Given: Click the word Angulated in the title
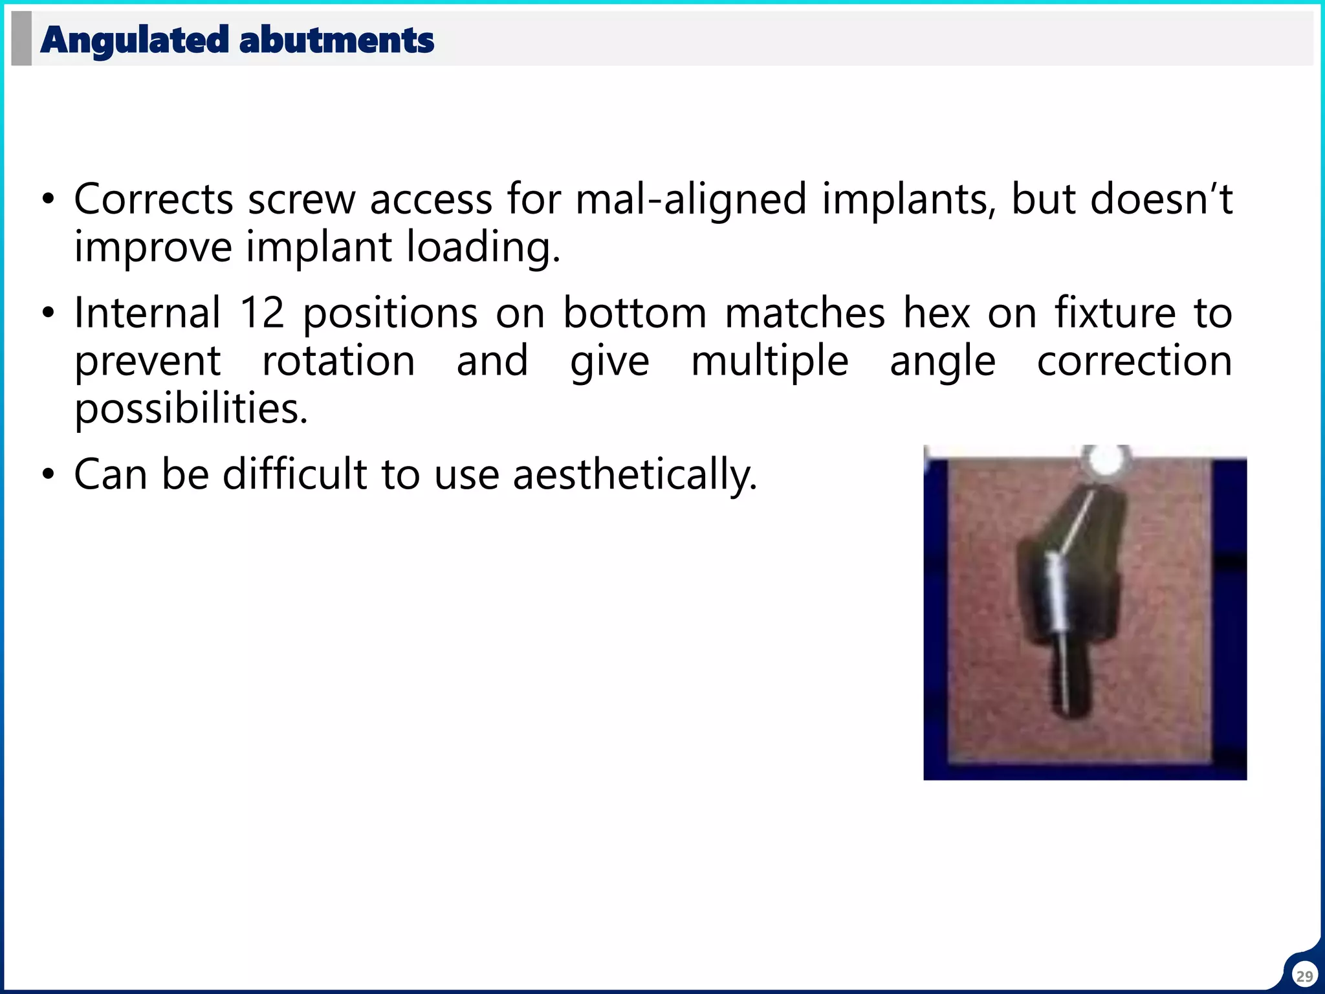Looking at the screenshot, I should (134, 40).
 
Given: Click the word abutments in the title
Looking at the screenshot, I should (336, 40).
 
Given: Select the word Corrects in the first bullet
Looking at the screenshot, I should (153, 199).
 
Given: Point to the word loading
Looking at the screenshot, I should (483, 247).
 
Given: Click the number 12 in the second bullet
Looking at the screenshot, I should (262, 313).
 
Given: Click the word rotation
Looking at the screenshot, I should (338, 361).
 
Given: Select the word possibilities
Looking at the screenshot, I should (191, 409).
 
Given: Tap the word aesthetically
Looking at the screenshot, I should (634, 474).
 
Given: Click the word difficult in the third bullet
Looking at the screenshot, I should (294, 474).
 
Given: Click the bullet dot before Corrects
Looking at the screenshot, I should (48, 200).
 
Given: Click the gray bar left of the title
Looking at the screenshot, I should (21, 39).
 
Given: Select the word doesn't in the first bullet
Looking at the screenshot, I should (1161, 199).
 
